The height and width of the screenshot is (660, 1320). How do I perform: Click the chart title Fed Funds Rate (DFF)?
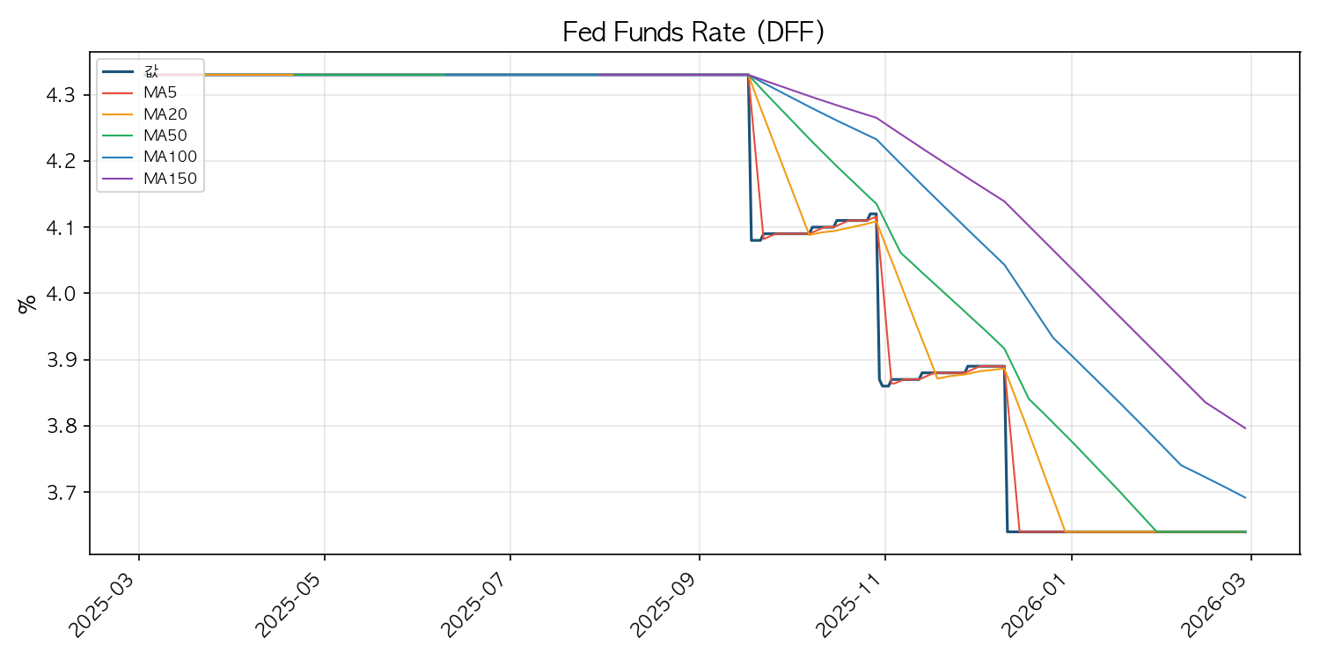(x=693, y=32)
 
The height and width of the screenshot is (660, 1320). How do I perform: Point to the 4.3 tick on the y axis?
(x=62, y=95)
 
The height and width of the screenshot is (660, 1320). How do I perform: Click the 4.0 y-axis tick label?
(x=62, y=293)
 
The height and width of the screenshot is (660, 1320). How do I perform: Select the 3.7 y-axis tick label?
(x=62, y=492)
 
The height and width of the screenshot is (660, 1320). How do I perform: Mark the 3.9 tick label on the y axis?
(x=62, y=359)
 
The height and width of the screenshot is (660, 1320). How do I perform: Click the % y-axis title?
(x=27, y=304)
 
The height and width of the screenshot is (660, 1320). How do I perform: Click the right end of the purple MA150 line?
(x=1245, y=429)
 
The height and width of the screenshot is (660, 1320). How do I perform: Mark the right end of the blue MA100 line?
(x=1245, y=498)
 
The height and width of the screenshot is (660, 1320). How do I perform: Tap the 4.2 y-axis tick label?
(x=62, y=161)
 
